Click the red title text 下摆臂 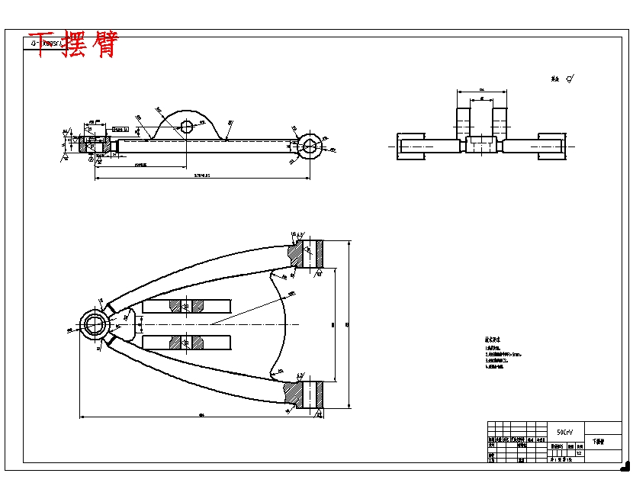pyautogui.click(x=72, y=44)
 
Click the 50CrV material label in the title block pyautogui.click(x=565, y=431)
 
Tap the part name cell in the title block pyautogui.click(x=598, y=442)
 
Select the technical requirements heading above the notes pyautogui.click(x=493, y=340)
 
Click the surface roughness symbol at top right pyautogui.click(x=570, y=78)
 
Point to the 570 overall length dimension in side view pyautogui.click(x=201, y=175)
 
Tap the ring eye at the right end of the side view pyautogui.click(x=310, y=146)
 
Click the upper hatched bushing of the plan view pyautogui.click(x=310, y=255)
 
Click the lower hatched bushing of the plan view pyautogui.click(x=310, y=394)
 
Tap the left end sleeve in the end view pyautogui.click(x=410, y=146)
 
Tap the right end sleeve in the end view pyautogui.click(x=551, y=146)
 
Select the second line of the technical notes pyautogui.click(x=503, y=354)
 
